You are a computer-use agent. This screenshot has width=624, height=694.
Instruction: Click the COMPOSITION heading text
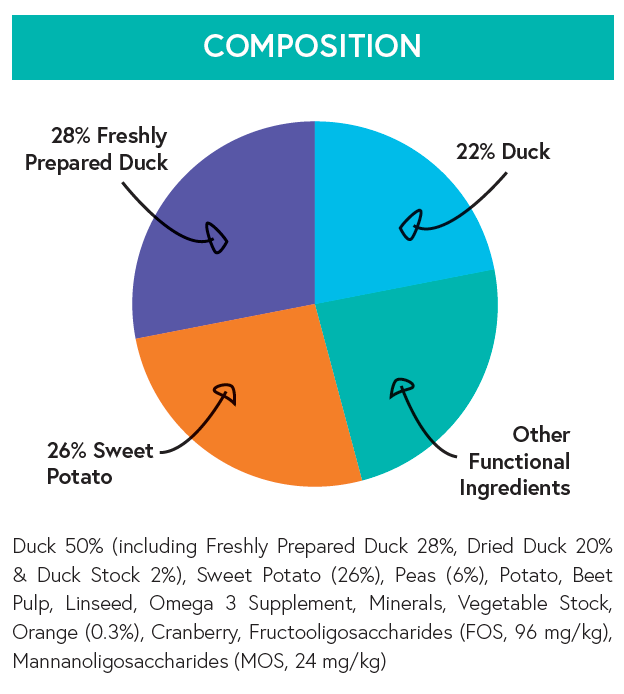click(x=312, y=46)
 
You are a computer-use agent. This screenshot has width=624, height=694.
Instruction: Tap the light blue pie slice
click(x=400, y=210)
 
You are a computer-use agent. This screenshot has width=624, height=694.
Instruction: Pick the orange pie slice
click(x=250, y=410)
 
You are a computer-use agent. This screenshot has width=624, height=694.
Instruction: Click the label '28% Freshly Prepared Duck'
click(x=96, y=149)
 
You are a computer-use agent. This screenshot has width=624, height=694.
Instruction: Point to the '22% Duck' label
click(x=503, y=152)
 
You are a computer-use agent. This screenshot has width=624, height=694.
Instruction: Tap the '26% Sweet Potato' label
click(x=100, y=463)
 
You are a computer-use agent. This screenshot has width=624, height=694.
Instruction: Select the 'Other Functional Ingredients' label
click(x=515, y=461)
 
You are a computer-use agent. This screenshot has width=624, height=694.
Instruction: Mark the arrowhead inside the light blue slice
click(x=409, y=225)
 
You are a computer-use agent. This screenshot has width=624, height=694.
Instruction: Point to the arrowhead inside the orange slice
click(x=225, y=392)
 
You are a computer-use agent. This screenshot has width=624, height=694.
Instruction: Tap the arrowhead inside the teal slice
click(x=402, y=387)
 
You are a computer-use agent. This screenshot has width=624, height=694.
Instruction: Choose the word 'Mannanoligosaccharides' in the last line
click(x=110, y=661)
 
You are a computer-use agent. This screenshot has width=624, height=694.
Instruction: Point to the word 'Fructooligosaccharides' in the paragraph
click(x=311, y=633)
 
